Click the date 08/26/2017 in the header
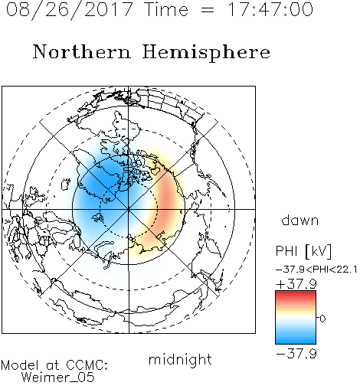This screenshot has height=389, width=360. tap(70, 10)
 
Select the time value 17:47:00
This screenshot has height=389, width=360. tap(270, 9)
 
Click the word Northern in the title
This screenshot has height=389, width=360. tap(82, 51)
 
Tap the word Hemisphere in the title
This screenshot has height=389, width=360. tap(206, 53)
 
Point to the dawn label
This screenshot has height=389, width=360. tap(300, 220)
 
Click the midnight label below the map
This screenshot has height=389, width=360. tap(180, 360)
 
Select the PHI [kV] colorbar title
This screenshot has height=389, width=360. tap(303, 251)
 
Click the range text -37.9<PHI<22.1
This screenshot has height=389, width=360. tap(316, 270)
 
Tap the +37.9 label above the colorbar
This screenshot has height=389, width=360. tap(296, 284)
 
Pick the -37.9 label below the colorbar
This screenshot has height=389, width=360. tap(296, 354)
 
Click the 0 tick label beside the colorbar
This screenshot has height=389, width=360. tap(322, 319)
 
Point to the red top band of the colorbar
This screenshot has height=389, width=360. tap(296, 293)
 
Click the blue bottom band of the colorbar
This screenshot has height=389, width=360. tap(296, 342)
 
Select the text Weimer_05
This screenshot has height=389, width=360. tap(58, 378)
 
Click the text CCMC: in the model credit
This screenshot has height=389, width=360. tap(87, 365)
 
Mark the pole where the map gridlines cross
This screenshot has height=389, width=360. tap(129, 209)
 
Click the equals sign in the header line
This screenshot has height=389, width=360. tap(208, 10)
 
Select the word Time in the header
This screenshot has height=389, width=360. tap(166, 9)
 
